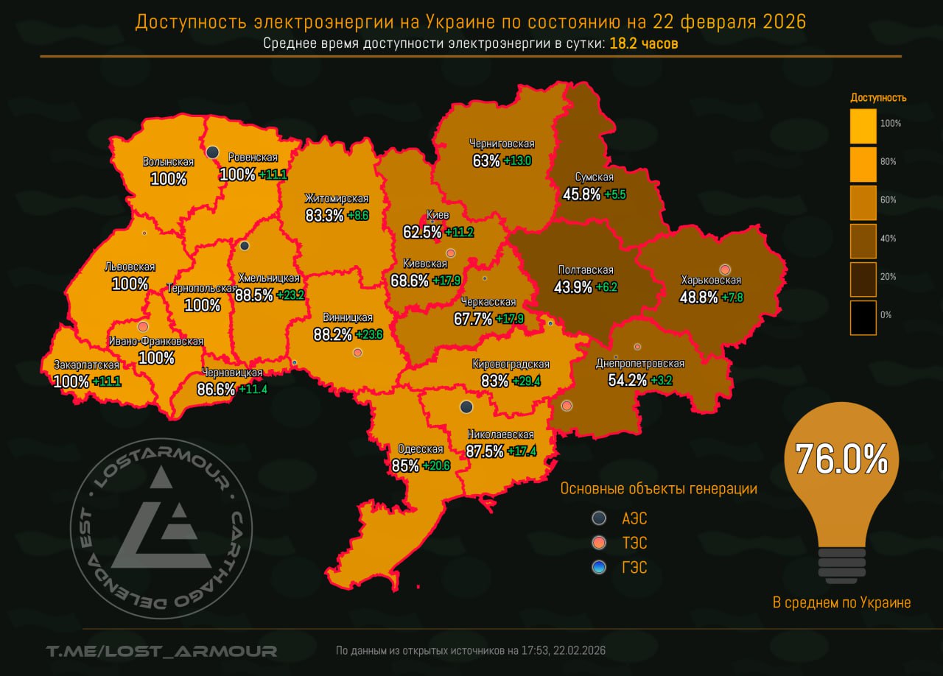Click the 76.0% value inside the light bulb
pos(841,459)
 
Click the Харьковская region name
pos(711,281)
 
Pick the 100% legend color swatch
pos(863,126)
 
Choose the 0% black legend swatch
pos(863,317)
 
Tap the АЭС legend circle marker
pos(599,518)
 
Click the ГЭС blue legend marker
pos(599,567)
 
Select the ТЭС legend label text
pos(634,543)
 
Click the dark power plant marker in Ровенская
pos(212,152)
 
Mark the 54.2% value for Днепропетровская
pos(628,380)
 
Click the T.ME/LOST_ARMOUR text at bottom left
pos(161,651)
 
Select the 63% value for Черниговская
pos(486,160)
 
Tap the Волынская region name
pos(168,162)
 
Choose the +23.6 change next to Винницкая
pos(369,334)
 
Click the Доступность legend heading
pos(878,97)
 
